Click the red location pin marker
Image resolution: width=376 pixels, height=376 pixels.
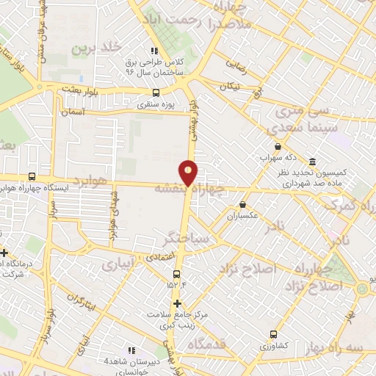click(189, 172)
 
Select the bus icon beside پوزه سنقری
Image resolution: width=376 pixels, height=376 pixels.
click(155, 93)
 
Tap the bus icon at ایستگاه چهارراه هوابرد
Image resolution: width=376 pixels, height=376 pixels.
click(32, 176)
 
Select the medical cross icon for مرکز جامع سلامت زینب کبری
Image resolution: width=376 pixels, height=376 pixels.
click(176, 303)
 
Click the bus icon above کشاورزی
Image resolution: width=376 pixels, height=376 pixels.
click(273, 333)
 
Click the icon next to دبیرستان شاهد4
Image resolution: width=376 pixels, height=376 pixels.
click(132, 351)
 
